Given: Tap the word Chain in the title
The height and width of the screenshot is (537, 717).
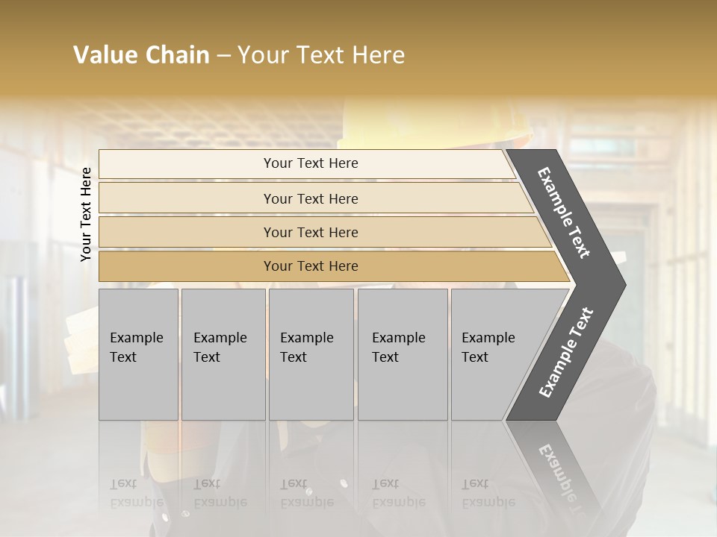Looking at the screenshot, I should [x=177, y=55].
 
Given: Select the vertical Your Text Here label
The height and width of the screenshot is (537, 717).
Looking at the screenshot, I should [x=86, y=214].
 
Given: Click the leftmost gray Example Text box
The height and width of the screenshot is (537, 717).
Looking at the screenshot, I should [x=138, y=354].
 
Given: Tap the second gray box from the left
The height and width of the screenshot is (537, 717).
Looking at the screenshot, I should [x=223, y=354].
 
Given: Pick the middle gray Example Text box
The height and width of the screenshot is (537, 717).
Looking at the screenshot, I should [x=311, y=354].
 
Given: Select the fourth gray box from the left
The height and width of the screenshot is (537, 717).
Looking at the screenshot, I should [x=402, y=354].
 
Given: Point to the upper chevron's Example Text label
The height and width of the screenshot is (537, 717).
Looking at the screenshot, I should [x=564, y=213].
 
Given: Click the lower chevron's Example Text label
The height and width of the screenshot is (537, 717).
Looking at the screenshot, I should [x=566, y=353].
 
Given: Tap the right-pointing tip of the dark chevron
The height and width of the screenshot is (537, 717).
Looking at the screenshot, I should [x=622, y=284].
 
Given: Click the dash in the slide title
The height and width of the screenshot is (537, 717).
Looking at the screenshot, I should [x=223, y=56].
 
